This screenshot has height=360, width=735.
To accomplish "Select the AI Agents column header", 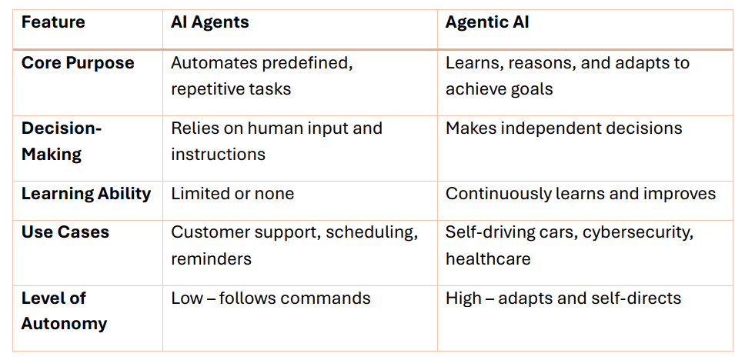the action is click(x=209, y=22).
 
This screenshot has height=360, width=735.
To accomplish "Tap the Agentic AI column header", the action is click(x=487, y=22).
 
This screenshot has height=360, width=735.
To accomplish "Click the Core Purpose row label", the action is click(x=78, y=63).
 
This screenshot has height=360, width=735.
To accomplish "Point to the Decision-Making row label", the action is click(x=62, y=141).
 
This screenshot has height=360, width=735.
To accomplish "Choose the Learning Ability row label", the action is click(x=86, y=194).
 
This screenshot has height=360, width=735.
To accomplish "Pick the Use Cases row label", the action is click(x=65, y=232).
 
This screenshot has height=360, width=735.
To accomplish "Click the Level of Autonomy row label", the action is click(x=64, y=310).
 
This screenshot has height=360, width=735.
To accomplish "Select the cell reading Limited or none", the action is click(x=232, y=194).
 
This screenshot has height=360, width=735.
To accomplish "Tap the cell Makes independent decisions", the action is click(x=563, y=128).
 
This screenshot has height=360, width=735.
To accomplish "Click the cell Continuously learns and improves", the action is click(x=580, y=194).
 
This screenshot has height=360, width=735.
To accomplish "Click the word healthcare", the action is click(x=488, y=258).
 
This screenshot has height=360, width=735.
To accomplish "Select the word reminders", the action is click(x=211, y=258).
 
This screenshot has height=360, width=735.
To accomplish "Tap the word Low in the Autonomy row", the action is click(x=186, y=298).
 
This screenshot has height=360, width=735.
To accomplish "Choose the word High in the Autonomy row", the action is click(x=463, y=298).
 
